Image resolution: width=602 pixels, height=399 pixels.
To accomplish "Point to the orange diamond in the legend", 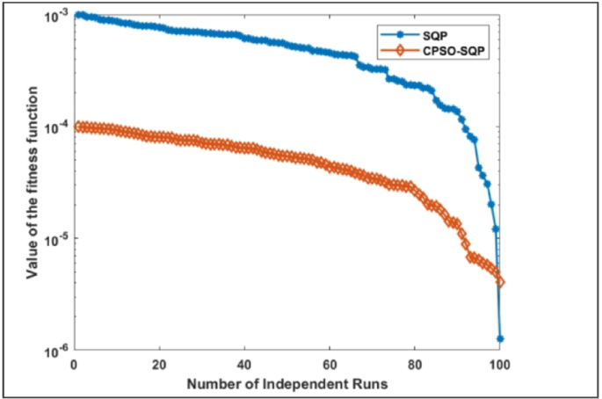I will tap(400, 51).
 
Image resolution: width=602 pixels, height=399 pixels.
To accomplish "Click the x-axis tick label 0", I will tap(75, 364).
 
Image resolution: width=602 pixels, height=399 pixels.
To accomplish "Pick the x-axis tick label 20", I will tap(159, 364).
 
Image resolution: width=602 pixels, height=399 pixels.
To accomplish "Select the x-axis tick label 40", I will tap(244, 364).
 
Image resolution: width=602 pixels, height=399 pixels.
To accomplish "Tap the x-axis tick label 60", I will tap(330, 364).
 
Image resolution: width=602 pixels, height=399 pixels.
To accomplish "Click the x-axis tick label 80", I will tap(415, 364).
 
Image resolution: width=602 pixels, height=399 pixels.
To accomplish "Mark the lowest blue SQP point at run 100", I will tap(500, 338).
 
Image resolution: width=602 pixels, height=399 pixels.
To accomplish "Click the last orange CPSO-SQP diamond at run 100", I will tap(501, 282).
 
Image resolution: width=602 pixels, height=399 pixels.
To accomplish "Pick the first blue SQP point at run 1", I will tap(78, 15).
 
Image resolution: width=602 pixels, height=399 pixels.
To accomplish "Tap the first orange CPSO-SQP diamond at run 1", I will tap(78, 127).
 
